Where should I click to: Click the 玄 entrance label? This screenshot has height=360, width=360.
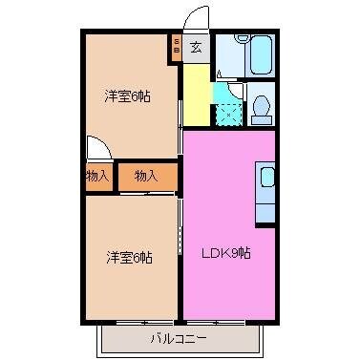[x=195, y=47]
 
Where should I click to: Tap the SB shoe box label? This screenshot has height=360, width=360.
[x=176, y=47]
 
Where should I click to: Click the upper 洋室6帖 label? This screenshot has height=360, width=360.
[x=128, y=95]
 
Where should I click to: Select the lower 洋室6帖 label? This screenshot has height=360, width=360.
[x=128, y=257]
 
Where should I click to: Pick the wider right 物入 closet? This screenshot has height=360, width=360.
[x=146, y=177]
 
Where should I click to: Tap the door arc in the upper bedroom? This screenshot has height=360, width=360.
[x=98, y=149]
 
